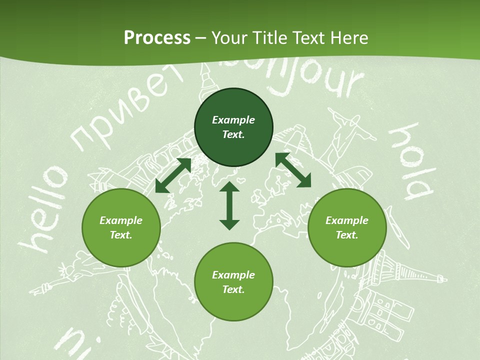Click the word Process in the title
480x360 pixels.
point(157,38)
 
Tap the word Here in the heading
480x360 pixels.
point(348,38)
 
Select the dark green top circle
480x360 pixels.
point(233,127)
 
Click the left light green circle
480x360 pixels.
point(121,228)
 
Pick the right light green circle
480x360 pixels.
point(347,228)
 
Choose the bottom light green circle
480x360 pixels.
point(233,282)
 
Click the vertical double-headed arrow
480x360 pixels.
point(229,205)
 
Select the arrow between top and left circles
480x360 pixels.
point(173,175)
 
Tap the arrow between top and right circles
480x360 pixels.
point(293,170)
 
